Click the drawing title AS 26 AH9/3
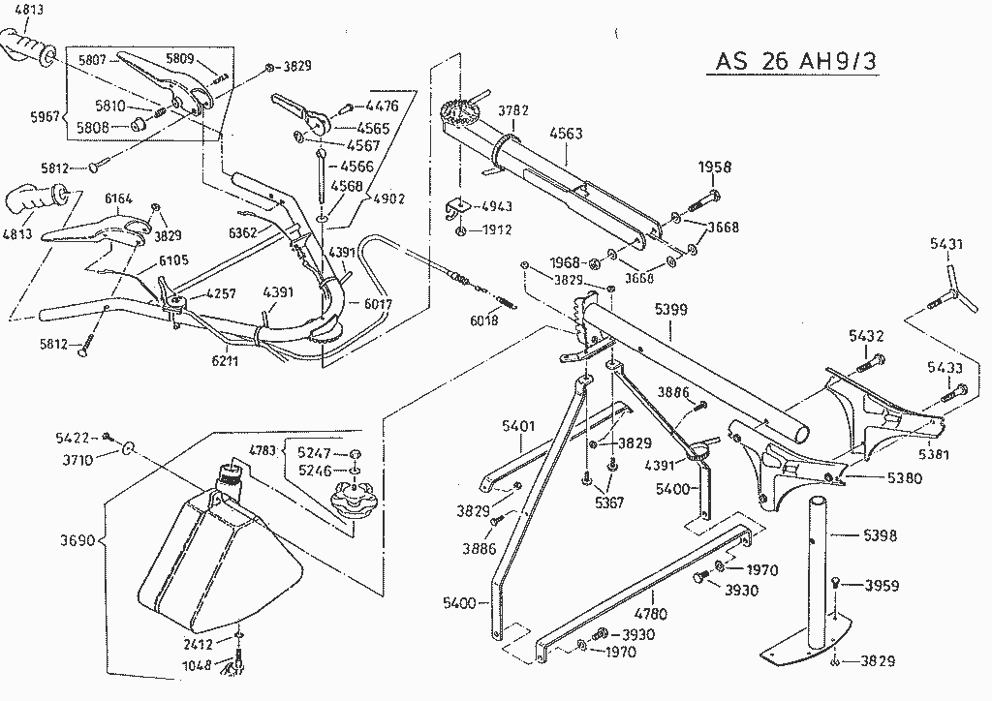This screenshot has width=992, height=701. pos(798,60)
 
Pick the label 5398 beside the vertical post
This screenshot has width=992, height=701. pos(879,535)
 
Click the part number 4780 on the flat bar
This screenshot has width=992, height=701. pos(653,612)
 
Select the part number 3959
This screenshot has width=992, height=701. pos(882,585)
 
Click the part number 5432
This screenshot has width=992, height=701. pos(866,336)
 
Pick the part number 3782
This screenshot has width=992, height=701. pos(513,111)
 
